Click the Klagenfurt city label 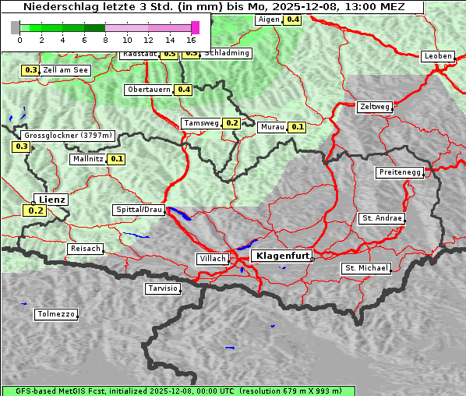pos(283,255)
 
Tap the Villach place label pos(212,258)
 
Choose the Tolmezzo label pos(55,314)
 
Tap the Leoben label pos(437,56)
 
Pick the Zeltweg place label pos(375,107)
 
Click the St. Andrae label pos(382,218)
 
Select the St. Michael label pos(366,268)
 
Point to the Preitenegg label pos(401,172)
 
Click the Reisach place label pos(86,249)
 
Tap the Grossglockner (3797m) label pos(69,135)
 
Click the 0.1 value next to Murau pos(297,126)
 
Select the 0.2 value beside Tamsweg pos(231,123)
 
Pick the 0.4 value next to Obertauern pos(183,90)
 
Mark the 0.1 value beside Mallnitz pos(117,159)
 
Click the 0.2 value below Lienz pos(35,210)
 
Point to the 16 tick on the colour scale pos(191,40)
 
